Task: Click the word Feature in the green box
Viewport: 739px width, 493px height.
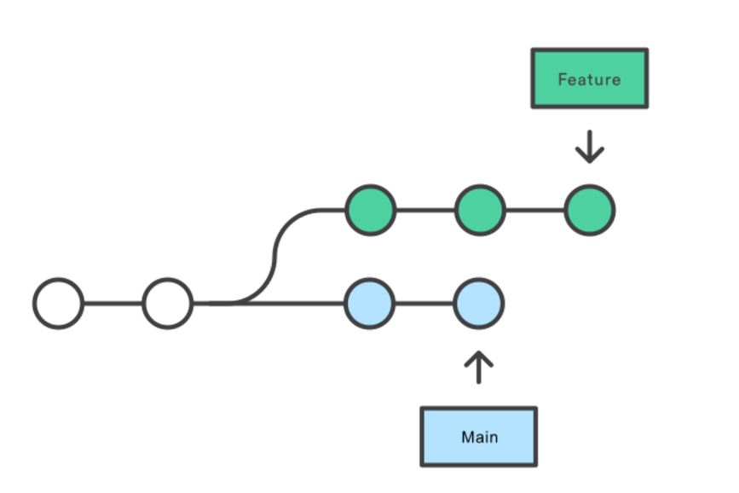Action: pos(589,79)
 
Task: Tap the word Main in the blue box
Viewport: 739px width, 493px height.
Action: pos(479,438)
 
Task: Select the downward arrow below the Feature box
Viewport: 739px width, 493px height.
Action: pos(590,147)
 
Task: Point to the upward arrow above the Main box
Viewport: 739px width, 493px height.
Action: pos(479,367)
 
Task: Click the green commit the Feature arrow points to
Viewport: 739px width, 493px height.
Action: pos(590,210)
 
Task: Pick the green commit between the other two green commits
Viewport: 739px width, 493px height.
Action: pos(480,210)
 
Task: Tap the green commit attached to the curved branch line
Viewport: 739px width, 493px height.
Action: pos(371,210)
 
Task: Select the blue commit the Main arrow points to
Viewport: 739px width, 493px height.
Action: pos(479,304)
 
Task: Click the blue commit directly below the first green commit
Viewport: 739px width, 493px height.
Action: pos(370,304)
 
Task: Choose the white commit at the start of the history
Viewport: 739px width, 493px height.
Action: pos(59,304)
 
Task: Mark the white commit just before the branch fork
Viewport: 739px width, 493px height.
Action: pos(168,304)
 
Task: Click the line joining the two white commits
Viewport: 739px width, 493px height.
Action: pos(113,304)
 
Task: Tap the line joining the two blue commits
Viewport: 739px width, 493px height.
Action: pos(424,304)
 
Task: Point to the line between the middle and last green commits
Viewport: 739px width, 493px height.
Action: pos(535,210)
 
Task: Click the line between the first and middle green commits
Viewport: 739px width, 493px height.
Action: pos(425,210)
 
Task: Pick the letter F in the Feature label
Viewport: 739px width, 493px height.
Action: pos(563,79)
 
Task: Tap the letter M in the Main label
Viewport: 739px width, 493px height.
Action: pos(468,438)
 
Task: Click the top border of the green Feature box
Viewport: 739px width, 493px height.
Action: pos(590,49)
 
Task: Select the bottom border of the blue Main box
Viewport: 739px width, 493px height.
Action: pos(479,465)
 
